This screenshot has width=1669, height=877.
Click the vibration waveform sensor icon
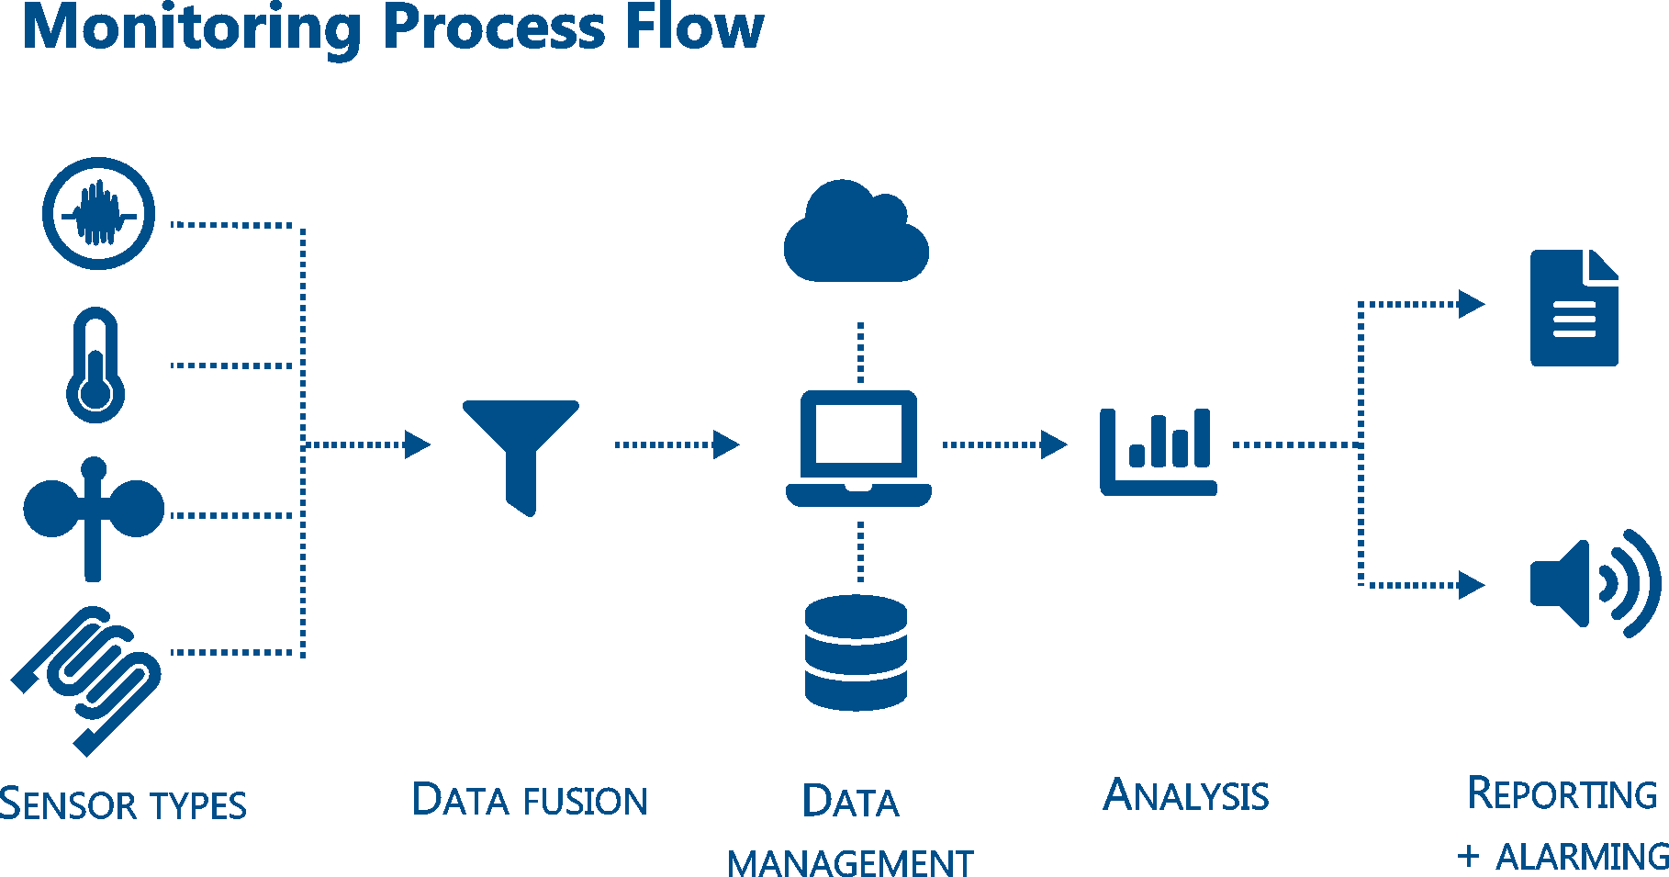[98, 214]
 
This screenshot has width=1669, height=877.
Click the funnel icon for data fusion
[521, 450]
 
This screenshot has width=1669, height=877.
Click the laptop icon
[858, 448]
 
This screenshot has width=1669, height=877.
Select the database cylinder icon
[856, 653]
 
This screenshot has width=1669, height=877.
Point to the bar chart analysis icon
[1158, 452]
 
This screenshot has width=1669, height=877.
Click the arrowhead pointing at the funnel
[418, 444]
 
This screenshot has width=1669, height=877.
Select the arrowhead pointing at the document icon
[1472, 304]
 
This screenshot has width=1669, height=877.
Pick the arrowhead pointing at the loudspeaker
[1472, 584]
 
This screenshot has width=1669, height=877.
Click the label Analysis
[1186, 796]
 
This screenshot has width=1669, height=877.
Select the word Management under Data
[850, 864]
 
